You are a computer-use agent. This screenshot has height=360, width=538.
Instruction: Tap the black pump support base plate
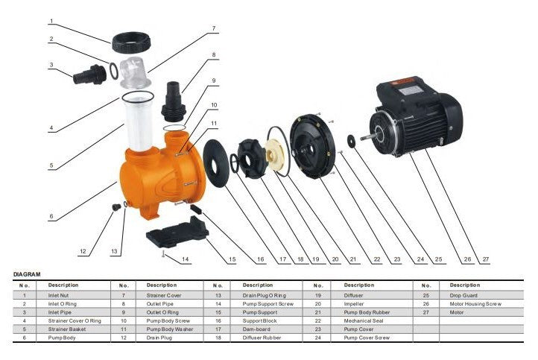pyautogui.click(x=177, y=232)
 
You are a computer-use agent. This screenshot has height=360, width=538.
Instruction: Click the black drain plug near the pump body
pyautogui.click(x=117, y=207)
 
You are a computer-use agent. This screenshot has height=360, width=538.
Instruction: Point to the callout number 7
pyautogui.click(x=214, y=28)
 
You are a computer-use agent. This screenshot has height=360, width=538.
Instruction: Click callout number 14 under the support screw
pyautogui.click(x=186, y=259)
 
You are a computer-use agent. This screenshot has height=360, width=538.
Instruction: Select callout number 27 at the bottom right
pyautogui.click(x=486, y=259)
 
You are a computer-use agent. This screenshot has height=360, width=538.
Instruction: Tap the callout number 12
pyautogui.click(x=83, y=251)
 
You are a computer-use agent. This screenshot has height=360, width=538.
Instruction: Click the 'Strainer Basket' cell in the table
pyautogui.click(x=67, y=329)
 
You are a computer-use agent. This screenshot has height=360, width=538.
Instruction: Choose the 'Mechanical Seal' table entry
pyautogui.click(x=364, y=321)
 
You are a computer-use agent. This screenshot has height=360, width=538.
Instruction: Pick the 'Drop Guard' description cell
pyautogui.click(x=463, y=295)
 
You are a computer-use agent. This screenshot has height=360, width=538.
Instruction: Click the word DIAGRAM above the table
pyautogui.click(x=27, y=274)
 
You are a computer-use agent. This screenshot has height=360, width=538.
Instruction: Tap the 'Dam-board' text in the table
pyautogui.click(x=256, y=329)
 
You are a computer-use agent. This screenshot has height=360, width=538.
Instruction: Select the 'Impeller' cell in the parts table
pyautogui.click(x=354, y=303)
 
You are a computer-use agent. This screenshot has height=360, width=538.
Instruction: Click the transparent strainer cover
pyautogui.click(x=136, y=73)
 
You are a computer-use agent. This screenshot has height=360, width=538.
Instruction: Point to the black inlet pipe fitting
pyautogui.click(x=90, y=75)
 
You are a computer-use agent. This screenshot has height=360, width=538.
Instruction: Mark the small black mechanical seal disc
pyautogui.click(x=351, y=141)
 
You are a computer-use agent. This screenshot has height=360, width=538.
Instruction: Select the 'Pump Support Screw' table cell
pyautogui.click(x=268, y=303)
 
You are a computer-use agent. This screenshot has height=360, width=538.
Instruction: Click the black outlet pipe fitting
pyautogui.click(x=174, y=101)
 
